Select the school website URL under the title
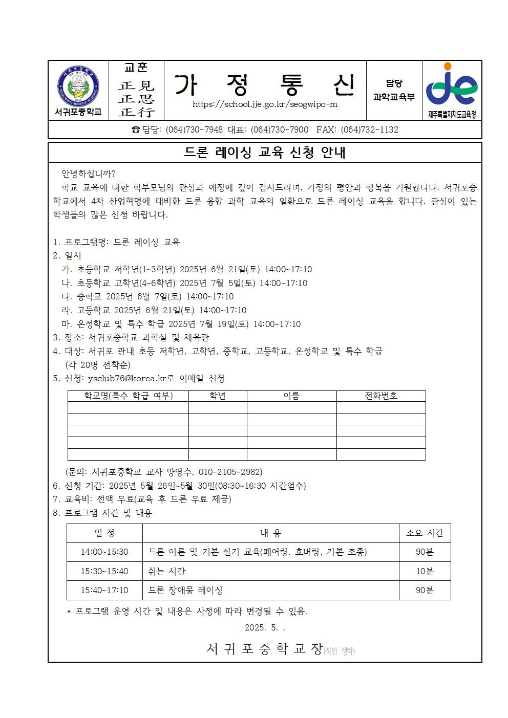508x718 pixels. coord(265,104)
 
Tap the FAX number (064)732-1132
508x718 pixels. coord(369,129)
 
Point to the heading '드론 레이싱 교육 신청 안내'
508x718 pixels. coord(265,153)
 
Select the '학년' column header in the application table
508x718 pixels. coord(218,396)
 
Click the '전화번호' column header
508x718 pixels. coord(380,396)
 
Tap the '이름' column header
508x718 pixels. coord(291,396)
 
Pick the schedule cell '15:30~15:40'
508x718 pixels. coord(104,571)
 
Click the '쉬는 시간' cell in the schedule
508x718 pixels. coord(167,571)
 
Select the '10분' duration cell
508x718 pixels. coord(425,571)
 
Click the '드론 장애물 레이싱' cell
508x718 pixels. coord(185,590)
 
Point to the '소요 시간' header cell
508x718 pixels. coord(425,533)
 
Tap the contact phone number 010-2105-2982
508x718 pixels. coord(230,472)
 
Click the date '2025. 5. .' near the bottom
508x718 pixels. coord(265,627)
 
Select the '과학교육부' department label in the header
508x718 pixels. coord(394,97)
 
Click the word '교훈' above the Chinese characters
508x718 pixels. coord(136,68)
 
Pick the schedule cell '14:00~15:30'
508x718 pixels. coord(104,552)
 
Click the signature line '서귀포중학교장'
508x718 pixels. coord(264,649)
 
